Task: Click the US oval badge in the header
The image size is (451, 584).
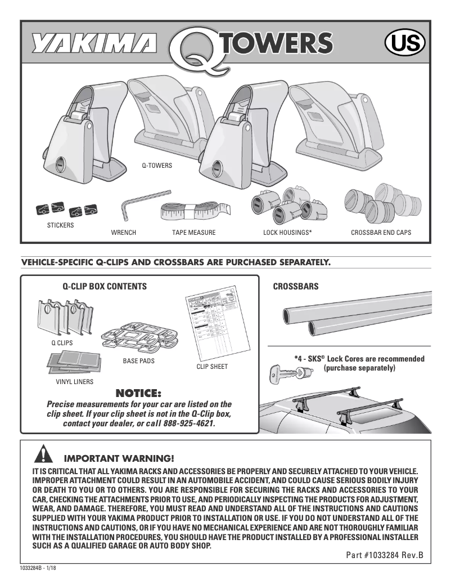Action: click(404, 43)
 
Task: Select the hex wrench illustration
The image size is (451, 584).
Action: click(138, 205)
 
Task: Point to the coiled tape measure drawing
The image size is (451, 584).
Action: click(195, 211)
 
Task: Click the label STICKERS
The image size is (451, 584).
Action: click(60, 225)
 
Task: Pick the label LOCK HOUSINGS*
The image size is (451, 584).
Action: click(287, 233)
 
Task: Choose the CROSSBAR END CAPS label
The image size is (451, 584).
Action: click(381, 233)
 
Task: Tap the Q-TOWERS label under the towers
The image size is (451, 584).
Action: click(156, 166)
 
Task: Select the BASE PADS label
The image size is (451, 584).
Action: click(138, 360)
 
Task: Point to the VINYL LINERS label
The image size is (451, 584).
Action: click(70, 381)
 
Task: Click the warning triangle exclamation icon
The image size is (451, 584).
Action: click(43, 454)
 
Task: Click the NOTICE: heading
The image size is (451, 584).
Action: click(138, 393)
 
